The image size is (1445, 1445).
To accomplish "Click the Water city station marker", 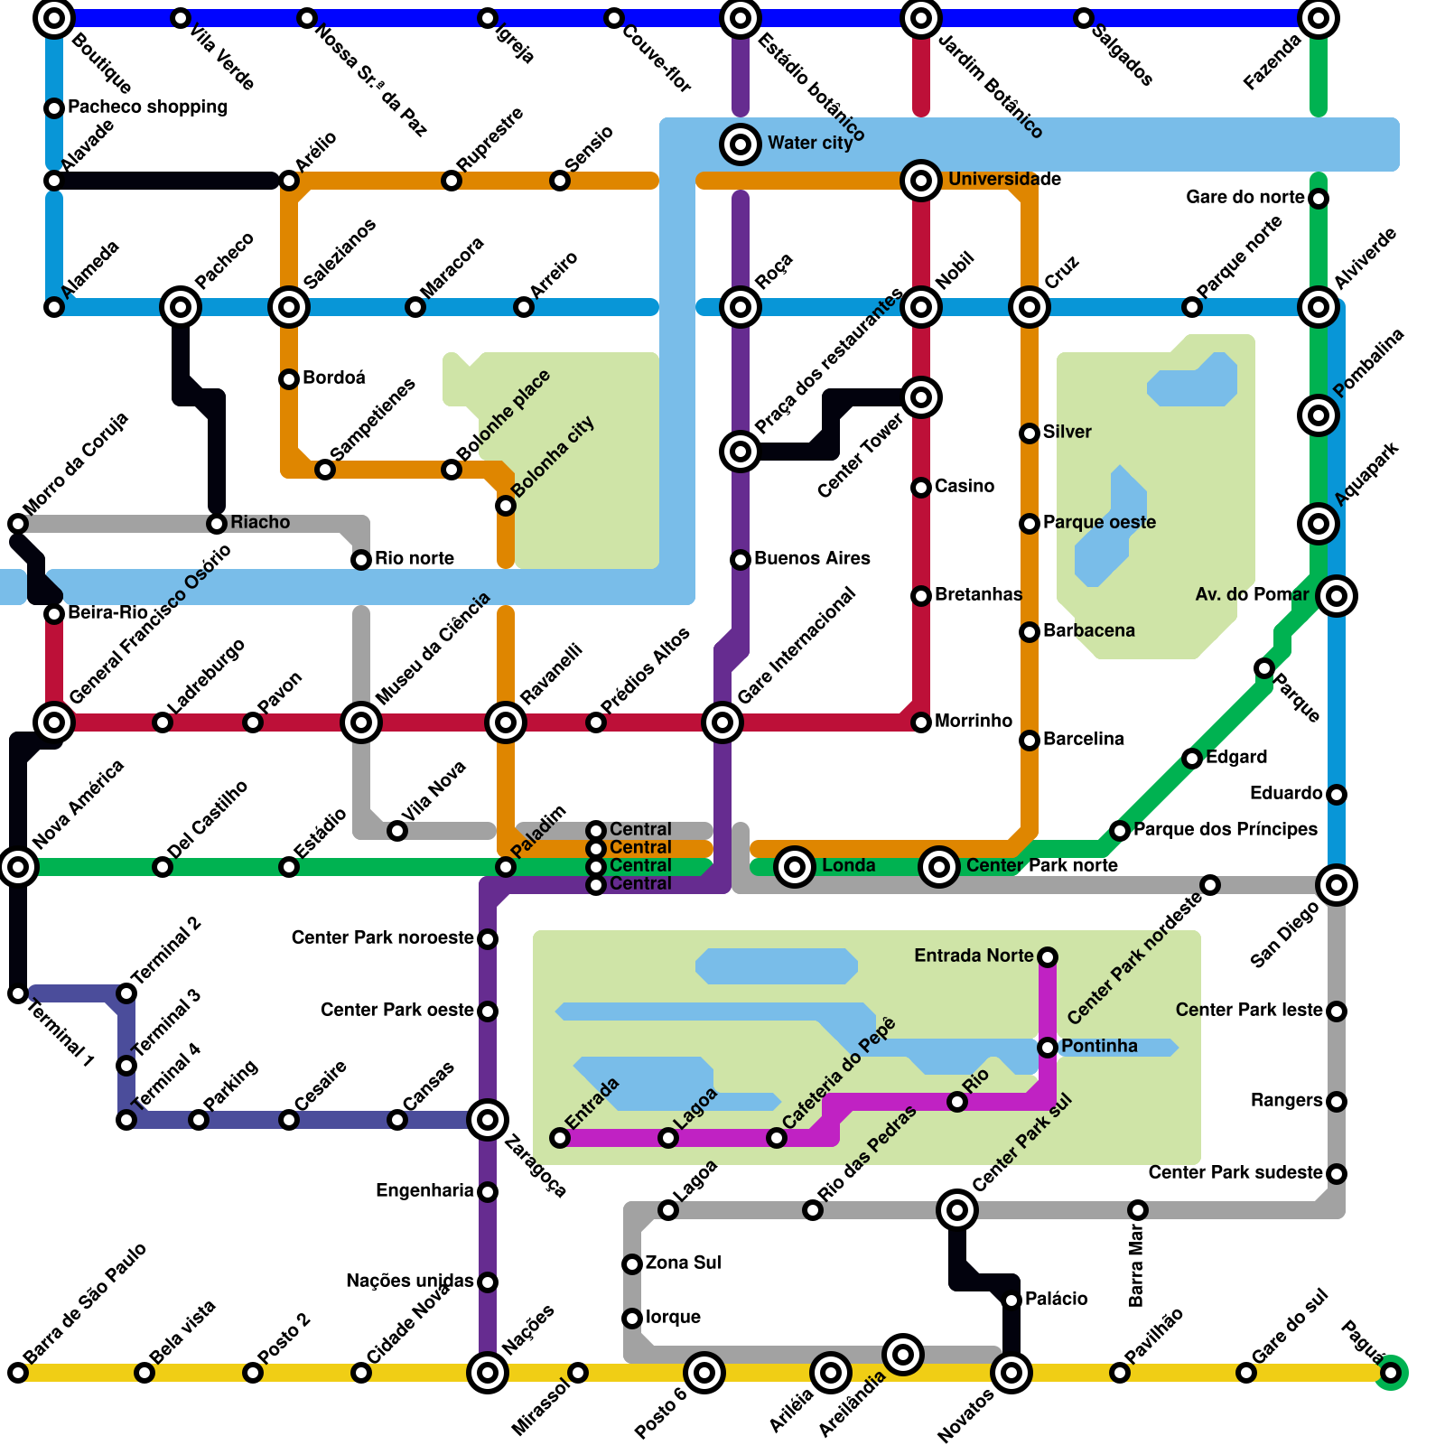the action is click(x=741, y=144).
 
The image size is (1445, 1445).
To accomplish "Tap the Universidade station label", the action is click(x=1004, y=179).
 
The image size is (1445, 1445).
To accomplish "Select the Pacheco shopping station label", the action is click(x=147, y=107).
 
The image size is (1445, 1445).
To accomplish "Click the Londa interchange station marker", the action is click(x=795, y=867).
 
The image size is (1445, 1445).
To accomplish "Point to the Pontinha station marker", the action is click(x=1048, y=1048).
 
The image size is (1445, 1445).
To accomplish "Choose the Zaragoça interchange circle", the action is click(x=488, y=1120).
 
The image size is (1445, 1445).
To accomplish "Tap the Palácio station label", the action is click(x=1056, y=1299).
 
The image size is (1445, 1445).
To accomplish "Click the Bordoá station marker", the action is click(x=289, y=379).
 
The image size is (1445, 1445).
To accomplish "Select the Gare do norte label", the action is click(x=1245, y=197).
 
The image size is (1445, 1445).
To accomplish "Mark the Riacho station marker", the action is click(x=217, y=524).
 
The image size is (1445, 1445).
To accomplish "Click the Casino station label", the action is click(x=965, y=486).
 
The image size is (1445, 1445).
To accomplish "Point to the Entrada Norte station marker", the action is click(x=1048, y=957).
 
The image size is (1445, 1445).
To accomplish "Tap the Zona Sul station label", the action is click(x=683, y=1263).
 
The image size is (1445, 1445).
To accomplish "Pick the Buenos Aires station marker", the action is click(x=741, y=560).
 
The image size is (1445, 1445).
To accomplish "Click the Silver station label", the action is click(x=1067, y=432).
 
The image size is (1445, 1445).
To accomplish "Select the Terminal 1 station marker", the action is click(x=18, y=993).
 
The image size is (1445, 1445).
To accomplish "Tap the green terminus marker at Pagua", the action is click(x=1391, y=1373).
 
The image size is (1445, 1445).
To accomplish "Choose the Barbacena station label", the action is click(x=1088, y=630).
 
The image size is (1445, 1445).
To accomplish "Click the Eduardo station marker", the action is click(x=1337, y=795).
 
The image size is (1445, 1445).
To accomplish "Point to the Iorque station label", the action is click(x=673, y=1317).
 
